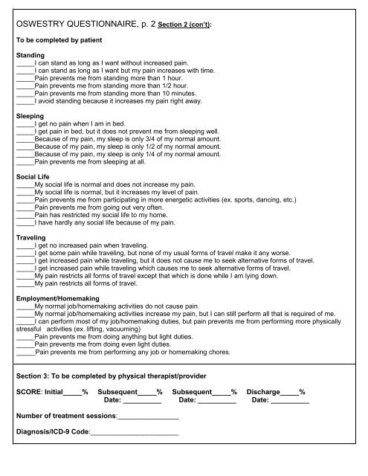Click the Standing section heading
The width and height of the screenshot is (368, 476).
tap(29, 55)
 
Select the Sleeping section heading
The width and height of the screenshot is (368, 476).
tap(30, 117)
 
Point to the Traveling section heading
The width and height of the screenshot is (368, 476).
tap(31, 237)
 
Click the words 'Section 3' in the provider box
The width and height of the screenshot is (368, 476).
tap(31, 376)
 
